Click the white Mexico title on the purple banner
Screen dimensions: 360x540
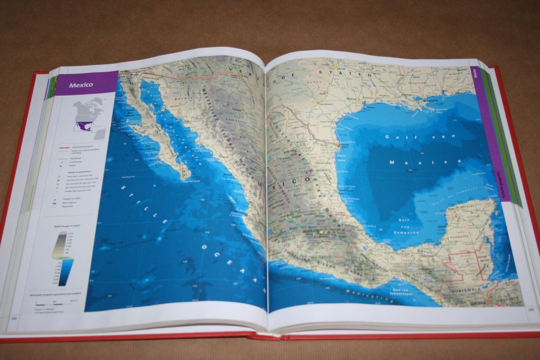click(81, 85)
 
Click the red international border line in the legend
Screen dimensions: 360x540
click(64, 148)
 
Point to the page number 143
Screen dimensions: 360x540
click(531, 309)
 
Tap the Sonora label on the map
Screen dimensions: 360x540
click(187, 98)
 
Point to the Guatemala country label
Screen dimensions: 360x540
click(463, 290)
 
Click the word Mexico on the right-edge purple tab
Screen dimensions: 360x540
click(474, 73)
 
